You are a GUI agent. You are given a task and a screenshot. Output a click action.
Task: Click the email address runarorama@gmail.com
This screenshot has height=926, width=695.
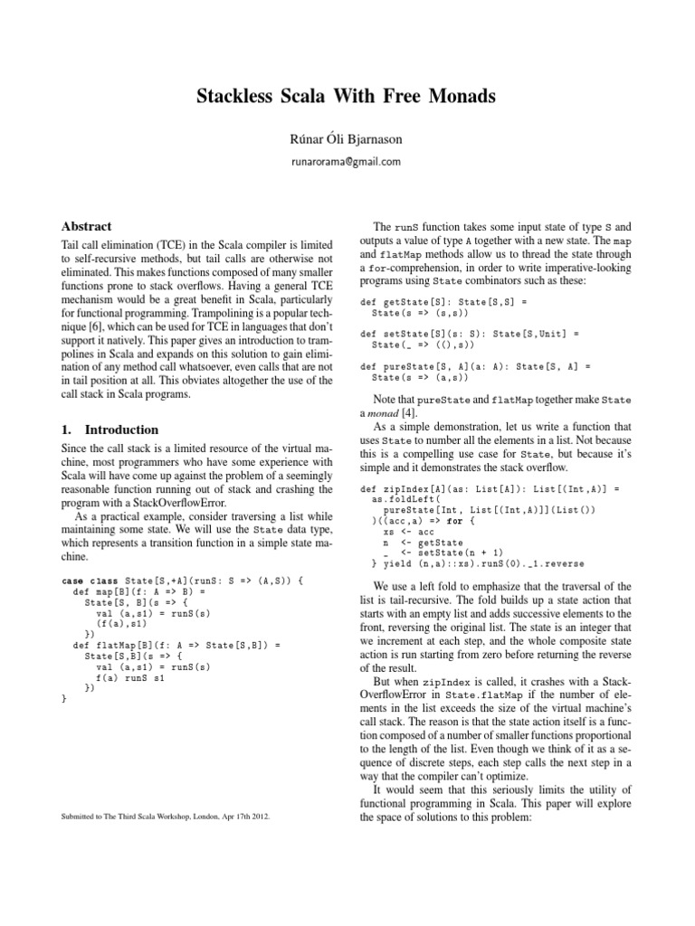(347, 161)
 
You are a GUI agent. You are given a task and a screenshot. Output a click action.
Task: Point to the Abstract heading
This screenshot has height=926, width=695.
(87, 227)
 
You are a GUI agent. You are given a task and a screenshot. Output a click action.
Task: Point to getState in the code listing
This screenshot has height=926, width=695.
(404, 300)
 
